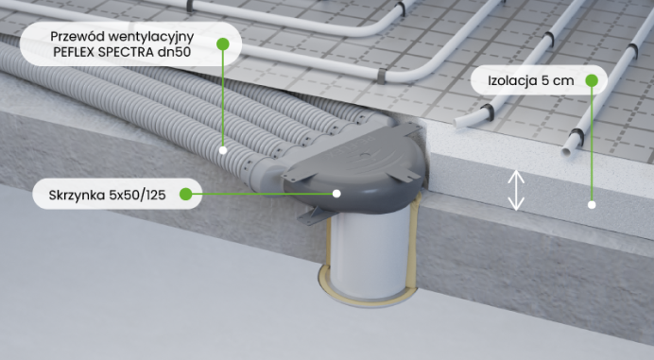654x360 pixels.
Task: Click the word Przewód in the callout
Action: [77, 37]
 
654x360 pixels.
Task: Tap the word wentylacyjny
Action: [150, 38]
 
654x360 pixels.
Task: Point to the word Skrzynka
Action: [77, 196]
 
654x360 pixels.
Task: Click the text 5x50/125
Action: [137, 195]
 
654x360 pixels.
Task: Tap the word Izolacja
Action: [512, 80]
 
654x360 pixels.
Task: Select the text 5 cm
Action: [558, 80]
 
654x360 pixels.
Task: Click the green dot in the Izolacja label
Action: [592, 80]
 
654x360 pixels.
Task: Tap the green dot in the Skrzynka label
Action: [185, 194]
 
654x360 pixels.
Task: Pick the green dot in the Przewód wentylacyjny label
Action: [223, 43]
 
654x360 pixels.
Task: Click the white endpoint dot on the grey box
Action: [336, 194]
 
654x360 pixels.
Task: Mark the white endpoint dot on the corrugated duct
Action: [223, 150]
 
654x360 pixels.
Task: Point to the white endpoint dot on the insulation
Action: [592, 205]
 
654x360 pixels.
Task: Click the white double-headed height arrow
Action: [516, 190]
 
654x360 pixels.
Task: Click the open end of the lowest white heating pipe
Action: [566, 151]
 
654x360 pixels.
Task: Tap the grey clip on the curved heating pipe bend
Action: [381, 76]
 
